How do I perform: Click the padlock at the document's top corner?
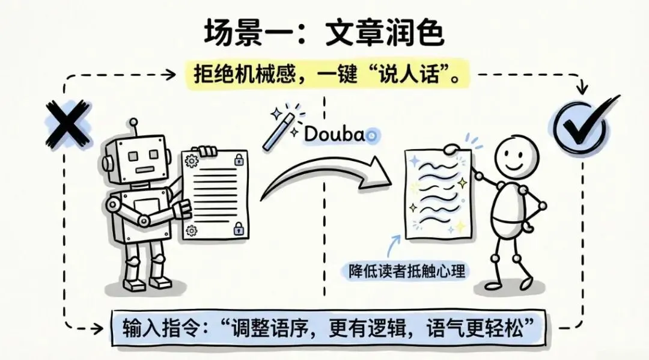(x=238, y=160)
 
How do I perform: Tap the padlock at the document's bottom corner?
(x=238, y=228)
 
